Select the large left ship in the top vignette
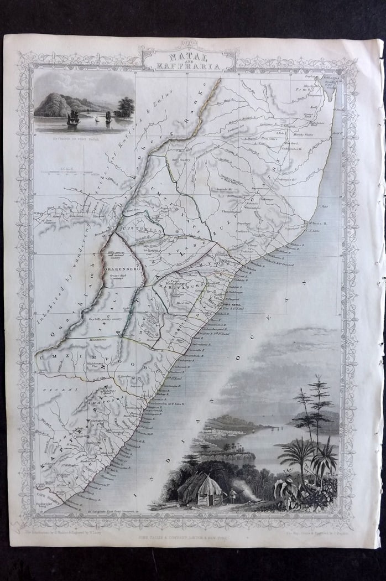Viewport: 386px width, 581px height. [x=73, y=117]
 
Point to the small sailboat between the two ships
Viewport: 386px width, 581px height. [x=95, y=118]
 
